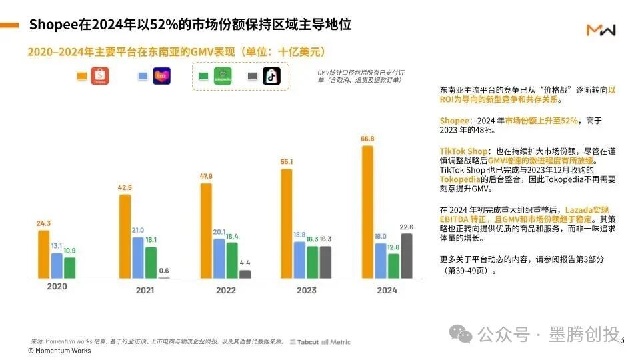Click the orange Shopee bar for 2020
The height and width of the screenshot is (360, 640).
(x=43, y=254)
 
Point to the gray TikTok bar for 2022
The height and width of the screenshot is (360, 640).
(x=245, y=273)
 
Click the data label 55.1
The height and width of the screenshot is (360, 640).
(x=286, y=162)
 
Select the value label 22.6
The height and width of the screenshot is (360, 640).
(x=406, y=227)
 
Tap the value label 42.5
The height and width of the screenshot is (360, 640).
(x=124, y=188)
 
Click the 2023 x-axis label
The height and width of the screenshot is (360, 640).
(x=306, y=290)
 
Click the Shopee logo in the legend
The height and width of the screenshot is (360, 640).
(x=100, y=77)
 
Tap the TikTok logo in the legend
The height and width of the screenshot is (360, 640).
(x=271, y=77)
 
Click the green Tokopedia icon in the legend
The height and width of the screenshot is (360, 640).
(x=221, y=77)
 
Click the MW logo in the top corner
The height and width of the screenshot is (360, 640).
(x=601, y=30)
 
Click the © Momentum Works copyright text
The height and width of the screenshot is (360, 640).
(x=59, y=351)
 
